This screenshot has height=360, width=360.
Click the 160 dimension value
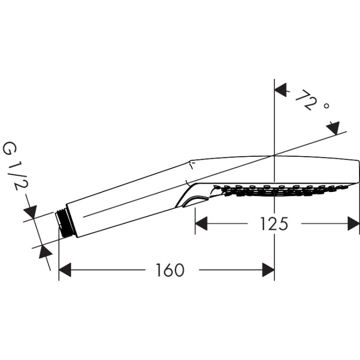click(170, 270)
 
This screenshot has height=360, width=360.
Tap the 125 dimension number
click(274, 224)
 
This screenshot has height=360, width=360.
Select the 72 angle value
click(304, 100)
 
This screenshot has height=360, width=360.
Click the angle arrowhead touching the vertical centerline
click(280, 89)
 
